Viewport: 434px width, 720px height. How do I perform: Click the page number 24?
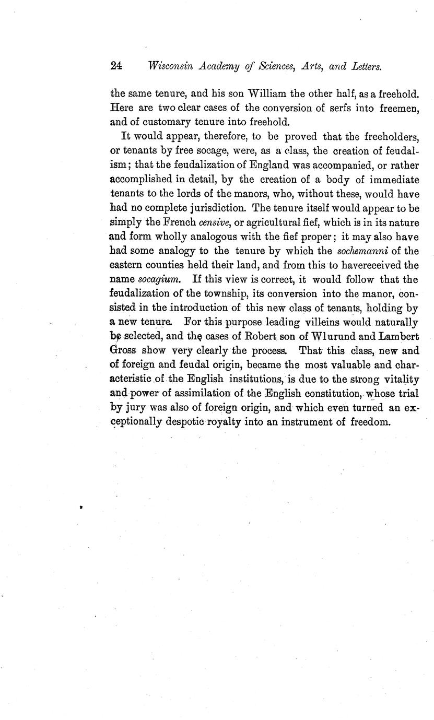(116, 66)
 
